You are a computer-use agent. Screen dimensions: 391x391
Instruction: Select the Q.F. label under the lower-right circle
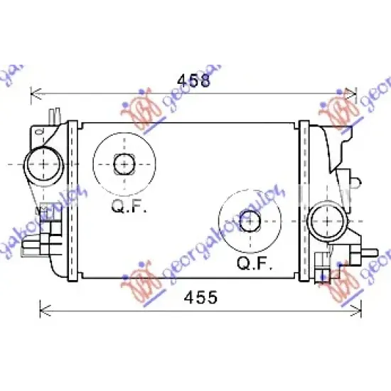252,264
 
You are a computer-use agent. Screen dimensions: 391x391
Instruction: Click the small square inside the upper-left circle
124,164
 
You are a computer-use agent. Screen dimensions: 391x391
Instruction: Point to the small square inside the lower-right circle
249,222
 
